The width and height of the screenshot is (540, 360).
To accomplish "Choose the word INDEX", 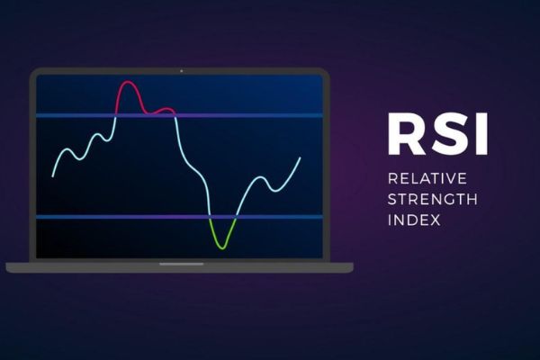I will tap(414, 220).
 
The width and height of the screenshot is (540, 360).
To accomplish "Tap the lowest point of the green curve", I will tap(221, 247).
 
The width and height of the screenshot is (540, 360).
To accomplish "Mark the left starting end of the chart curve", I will tap(53, 175).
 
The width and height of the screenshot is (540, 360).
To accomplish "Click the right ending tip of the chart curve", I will tap(300, 157).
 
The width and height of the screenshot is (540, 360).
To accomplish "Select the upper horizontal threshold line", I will tap(179, 115).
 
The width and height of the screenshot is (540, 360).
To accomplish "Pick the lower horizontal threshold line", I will tap(179, 217).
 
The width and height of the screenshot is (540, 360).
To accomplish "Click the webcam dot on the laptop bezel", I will tap(180, 69).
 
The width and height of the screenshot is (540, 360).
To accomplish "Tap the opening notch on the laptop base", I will tap(180, 264).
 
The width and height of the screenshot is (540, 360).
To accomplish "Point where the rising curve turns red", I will tap(116, 113).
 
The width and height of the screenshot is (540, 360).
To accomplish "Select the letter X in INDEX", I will tap(436, 220).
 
